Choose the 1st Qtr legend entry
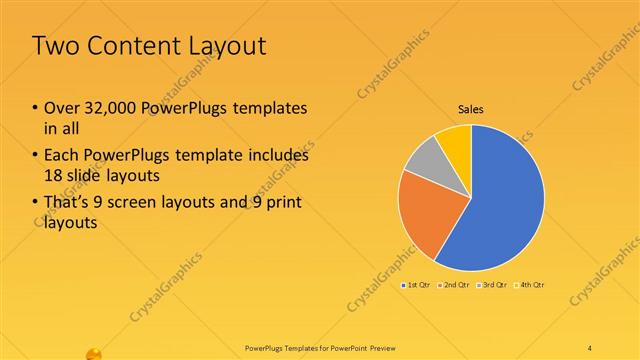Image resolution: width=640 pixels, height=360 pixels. point(418,285)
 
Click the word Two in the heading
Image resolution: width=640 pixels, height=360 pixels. point(56,47)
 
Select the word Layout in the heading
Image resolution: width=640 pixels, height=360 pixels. point(230,47)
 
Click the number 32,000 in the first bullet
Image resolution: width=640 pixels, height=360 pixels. point(110,108)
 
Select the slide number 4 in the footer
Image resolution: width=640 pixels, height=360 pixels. point(590,346)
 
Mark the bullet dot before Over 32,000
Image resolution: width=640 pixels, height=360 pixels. point(36,108)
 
